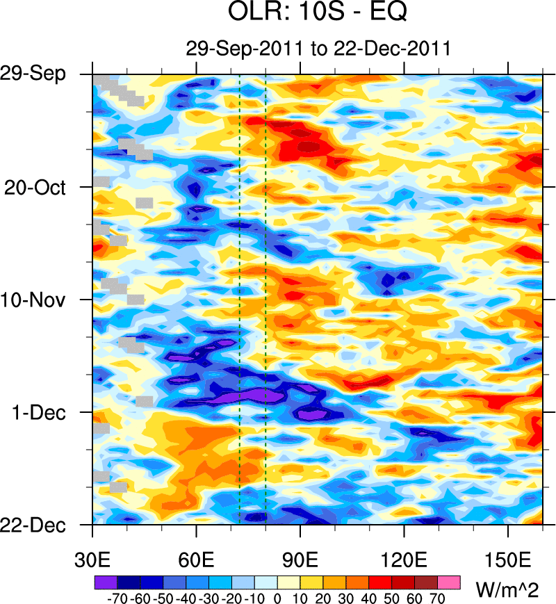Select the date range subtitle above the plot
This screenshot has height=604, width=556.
click(x=318, y=49)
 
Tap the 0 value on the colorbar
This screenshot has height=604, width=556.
click(x=277, y=598)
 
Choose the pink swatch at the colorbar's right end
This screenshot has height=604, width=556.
click(x=450, y=582)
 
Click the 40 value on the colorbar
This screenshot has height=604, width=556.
click(x=370, y=598)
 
